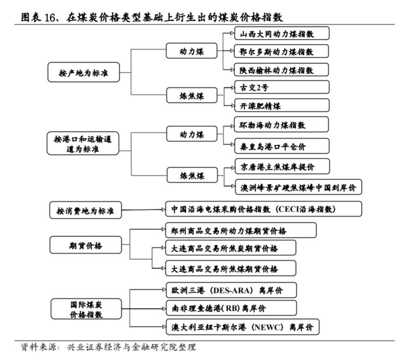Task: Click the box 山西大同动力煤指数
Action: [282, 34]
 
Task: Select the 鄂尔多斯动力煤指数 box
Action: [281, 51]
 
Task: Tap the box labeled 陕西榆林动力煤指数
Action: [281, 69]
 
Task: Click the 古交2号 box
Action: [282, 87]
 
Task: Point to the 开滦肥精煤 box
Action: [282, 105]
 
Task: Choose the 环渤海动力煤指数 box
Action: [281, 125]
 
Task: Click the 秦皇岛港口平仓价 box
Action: [282, 146]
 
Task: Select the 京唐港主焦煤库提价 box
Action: [282, 166]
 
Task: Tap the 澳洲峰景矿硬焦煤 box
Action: [298, 187]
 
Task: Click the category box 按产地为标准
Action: [84, 72]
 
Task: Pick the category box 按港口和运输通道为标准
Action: [83, 143]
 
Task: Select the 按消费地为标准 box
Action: [86, 210]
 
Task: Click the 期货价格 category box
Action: [86, 245]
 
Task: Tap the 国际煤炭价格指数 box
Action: [86, 309]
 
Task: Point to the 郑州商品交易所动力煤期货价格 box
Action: [241, 230]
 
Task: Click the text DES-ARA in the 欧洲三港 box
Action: [232, 291]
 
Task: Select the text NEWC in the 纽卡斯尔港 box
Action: [269, 327]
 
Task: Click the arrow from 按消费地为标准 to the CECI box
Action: [143, 210]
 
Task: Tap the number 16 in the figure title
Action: [50, 18]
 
